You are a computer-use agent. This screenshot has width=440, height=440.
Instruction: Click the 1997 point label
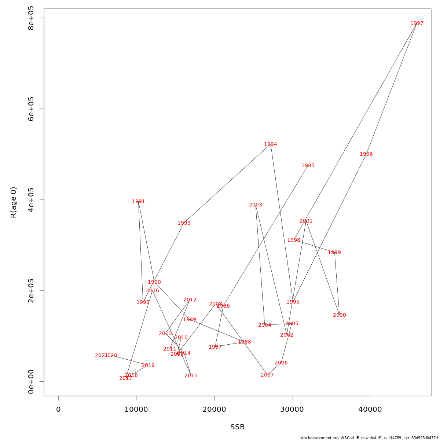[417, 23]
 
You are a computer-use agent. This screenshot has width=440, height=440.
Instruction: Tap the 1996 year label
[366, 154]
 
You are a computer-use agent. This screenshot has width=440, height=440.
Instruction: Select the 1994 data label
[271, 144]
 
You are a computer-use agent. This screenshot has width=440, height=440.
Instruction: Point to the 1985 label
[308, 166]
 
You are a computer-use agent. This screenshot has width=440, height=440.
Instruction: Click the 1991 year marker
[139, 202]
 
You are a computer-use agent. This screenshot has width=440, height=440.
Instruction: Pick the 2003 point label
[256, 205]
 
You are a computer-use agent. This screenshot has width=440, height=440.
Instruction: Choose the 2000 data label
[340, 315]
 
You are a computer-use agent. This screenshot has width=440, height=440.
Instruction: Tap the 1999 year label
[334, 253]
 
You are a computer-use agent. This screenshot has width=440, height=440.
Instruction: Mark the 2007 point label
[267, 375]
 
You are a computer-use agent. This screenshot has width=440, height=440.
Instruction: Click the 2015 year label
[191, 376]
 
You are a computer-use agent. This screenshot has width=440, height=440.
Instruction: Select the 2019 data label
[148, 366]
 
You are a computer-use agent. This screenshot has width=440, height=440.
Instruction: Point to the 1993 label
[184, 223]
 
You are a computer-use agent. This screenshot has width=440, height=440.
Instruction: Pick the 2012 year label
[190, 300]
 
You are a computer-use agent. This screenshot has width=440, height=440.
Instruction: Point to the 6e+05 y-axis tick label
[31, 109]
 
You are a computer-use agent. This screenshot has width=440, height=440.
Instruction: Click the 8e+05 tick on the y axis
[31, 18]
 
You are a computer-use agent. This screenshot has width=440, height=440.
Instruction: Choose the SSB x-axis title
[237, 427]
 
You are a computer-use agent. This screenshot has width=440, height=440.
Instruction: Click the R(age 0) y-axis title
[14, 202]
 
